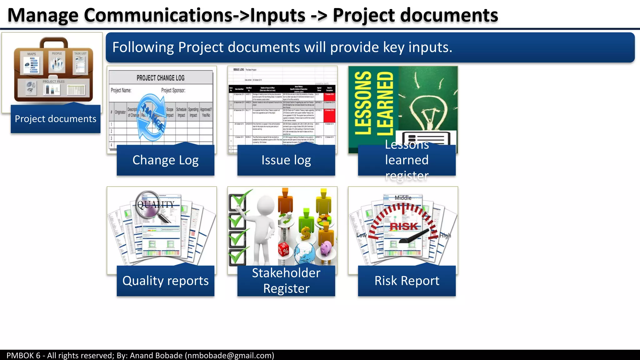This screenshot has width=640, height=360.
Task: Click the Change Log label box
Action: point(165,160)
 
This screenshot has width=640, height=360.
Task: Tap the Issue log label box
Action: point(286,160)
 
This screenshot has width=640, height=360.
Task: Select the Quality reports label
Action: point(165,281)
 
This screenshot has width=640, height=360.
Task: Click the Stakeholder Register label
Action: point(286,281)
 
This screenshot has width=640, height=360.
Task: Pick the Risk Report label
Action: point(407,281)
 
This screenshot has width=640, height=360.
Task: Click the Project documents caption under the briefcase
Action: point(56,119)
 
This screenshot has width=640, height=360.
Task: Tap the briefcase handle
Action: point(53,42)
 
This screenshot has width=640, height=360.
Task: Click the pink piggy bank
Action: point(326,248)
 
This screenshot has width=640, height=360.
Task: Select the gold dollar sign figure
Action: point(306,233)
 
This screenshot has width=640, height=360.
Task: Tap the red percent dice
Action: point(284,250)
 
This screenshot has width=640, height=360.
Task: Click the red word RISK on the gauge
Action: point(404,226)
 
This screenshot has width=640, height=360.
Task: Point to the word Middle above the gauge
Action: point(403,198)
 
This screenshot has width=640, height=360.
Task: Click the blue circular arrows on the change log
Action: point(152,117)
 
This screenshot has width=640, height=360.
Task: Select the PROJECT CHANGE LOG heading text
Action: point(160,78)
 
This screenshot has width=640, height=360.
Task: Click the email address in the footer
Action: point(229,355)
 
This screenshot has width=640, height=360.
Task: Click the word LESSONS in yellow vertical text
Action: point(363,103)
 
